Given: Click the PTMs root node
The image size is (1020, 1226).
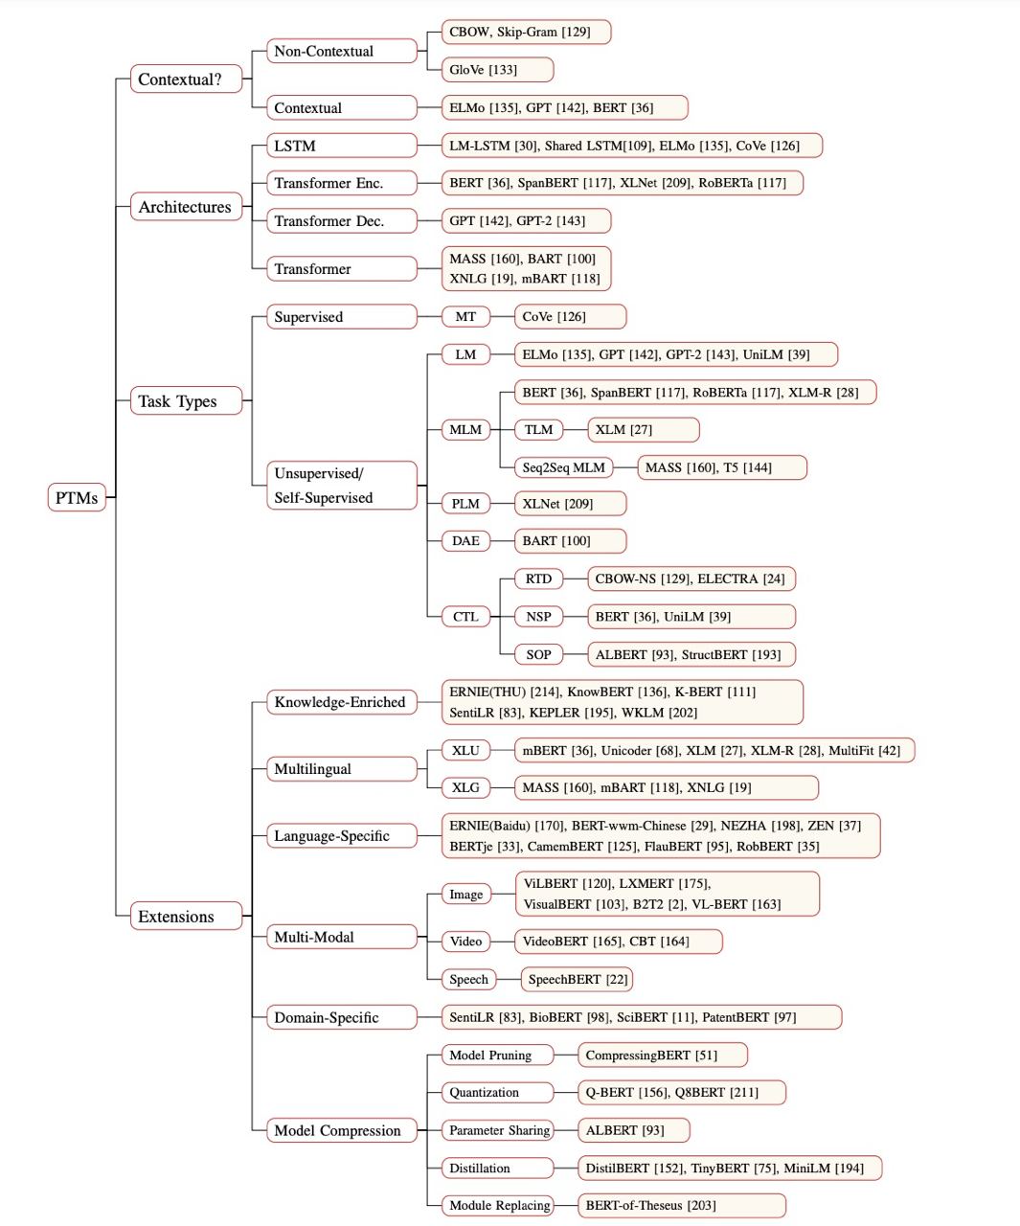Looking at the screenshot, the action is pyautogui.click(x=77, y=497).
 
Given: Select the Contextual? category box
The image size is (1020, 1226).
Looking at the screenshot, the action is pyautogui.click(x=186, y=79).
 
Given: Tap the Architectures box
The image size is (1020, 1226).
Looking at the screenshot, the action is pyautogui.click(x=186, y=206).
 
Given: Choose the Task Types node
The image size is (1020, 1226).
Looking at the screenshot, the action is pyautogui.click(x=186, y=400).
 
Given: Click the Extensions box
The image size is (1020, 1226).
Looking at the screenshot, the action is pyautogui.click(x=186, y=916).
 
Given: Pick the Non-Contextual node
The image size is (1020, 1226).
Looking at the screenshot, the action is pyautogui.click(x=342, y=51).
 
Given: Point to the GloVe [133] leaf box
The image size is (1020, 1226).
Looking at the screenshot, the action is pyautogui.click(x=497, y=69).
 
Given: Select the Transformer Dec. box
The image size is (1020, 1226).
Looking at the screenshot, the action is pyautogui.click(x=342, y=220).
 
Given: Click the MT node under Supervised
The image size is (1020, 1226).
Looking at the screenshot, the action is pyautogui.click(x=465, y=316).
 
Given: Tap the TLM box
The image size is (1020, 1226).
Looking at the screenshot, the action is pyautogui.click(x=538, y=429).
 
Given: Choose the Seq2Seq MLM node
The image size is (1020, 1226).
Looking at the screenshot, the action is pyautogui.click(x=563, y=467).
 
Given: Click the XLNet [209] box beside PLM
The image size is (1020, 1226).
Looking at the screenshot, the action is pyautogui.click(x=570, y=503).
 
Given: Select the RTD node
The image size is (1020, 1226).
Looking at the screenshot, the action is pyautogui.click(x=538, y=579).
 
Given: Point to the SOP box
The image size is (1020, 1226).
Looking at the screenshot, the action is pyautogui.click(x=538, y=654).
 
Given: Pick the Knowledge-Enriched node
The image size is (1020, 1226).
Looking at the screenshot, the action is pyautogui.click(x=342, y=702).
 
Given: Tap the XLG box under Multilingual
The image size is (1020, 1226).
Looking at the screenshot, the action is pyautogui.click(x=465, y=787).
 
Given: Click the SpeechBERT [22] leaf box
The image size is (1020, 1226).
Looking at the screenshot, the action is pyautogui.click(x=577, y=979).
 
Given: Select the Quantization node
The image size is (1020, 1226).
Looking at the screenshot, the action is pyautogui.click(x=497, y=1092).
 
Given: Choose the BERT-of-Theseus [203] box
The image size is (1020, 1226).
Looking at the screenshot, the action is pyautogui.click(x=682, y=1206).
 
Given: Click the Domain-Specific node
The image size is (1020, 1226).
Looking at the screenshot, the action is pyautogui.click(x=342, y=1017).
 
